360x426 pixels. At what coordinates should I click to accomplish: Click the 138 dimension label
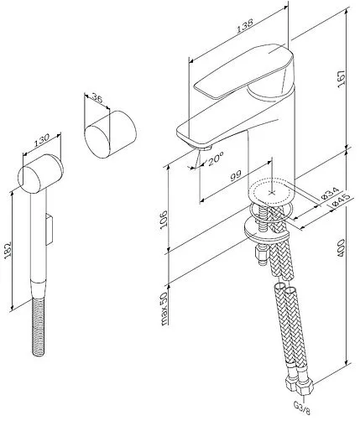245,26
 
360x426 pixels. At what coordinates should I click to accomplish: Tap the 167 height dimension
342,79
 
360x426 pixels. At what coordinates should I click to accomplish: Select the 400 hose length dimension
342,248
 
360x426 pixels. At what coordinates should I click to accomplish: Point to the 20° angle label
216,158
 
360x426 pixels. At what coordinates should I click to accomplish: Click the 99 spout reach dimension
236,176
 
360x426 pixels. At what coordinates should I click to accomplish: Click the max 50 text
164,309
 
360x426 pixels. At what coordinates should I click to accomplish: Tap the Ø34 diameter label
330,193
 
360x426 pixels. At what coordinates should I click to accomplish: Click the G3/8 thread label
302,412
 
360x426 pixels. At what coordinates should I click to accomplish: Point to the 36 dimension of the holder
97,98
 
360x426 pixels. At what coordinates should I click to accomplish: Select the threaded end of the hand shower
39,327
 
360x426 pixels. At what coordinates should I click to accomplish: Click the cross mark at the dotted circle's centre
271,192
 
